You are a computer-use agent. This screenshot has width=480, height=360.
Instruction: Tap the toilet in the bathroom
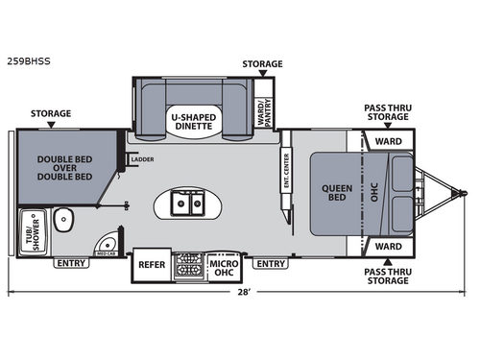click(63, 219)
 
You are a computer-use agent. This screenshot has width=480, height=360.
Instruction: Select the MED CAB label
click(108, 254)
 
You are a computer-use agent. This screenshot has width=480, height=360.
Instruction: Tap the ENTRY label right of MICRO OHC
click(272, 262)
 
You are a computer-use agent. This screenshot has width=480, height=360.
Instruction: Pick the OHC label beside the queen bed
click(375, 192)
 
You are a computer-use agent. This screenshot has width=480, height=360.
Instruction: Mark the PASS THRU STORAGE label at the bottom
click(389, 278)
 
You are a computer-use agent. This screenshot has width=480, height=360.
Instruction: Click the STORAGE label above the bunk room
click(50, 113)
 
